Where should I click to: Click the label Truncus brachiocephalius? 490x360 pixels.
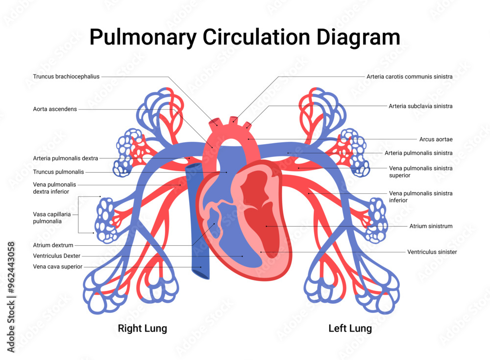66,77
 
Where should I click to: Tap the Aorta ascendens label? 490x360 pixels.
55,109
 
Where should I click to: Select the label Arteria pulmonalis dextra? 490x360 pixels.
66,158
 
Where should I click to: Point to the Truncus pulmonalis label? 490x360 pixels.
58,172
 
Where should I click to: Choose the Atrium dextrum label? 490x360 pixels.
53,245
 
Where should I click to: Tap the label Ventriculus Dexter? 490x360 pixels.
57,256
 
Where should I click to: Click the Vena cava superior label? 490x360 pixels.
58,266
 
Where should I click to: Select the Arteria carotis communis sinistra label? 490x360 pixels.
409,77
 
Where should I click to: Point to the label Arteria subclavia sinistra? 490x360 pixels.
420,106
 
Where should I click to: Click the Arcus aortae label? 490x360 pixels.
436,139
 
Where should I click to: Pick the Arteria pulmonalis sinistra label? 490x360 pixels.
418,153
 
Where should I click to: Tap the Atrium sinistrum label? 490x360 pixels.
431,226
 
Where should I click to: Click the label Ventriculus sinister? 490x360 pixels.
432,252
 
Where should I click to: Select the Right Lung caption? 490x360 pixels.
142,328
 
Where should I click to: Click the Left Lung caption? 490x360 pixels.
350,328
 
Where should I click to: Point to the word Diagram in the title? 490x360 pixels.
363,38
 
